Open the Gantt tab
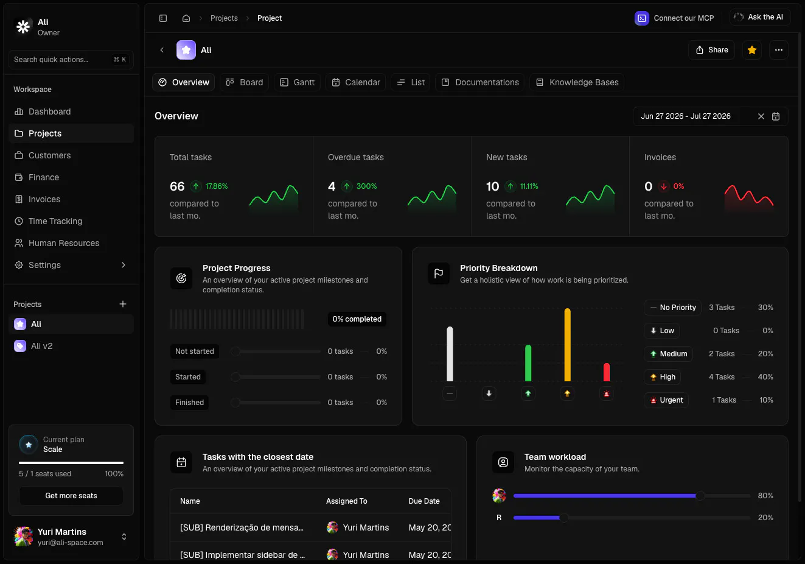[x=297, y=82]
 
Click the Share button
[x=711, y=50]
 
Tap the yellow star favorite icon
[x=752, y=50]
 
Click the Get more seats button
[x=71, y=496]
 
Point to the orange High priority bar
[x=568, y=345]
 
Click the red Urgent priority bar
[x=607, y=372]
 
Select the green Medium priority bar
[x=528, y=363]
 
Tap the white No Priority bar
[x=450, y=354]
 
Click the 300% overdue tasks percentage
[x=366, y=186]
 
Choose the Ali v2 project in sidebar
[x=42, y=346]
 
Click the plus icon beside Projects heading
[x=123, y=305]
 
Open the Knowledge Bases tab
[x=577, y=82]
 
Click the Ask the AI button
[x=760, y=17]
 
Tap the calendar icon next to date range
[x=776, y=116]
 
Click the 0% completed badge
[x=357, y=319]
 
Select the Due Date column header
[x=424, y=501]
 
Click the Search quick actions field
[x=71, y=60]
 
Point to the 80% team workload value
[x=765, y=496]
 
